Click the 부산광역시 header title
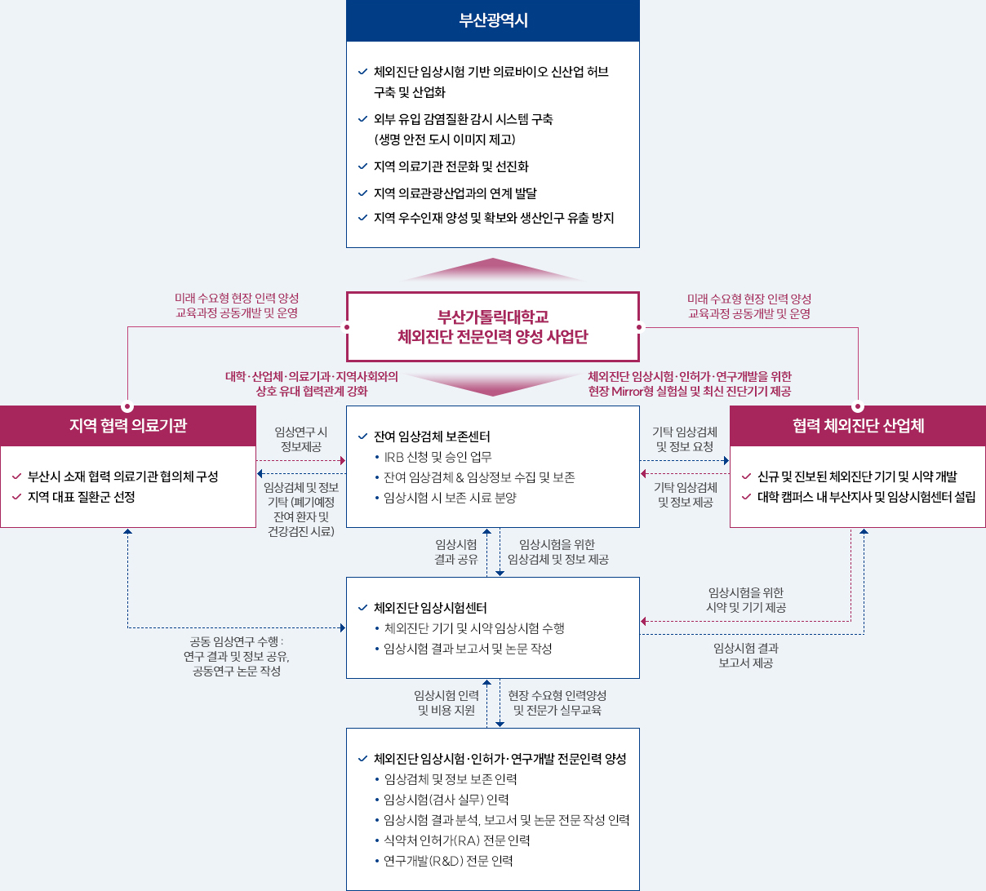(x=493, y=20)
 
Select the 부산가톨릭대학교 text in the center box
(x=493, y=317)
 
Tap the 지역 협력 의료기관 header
(x=128, y=425)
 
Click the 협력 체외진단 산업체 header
(x=858, y=425)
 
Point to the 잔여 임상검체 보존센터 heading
(x=432, y=437)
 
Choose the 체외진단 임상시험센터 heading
(x=430, y=608)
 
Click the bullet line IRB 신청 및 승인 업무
(x=437, y=457)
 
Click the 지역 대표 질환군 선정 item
(x=81, y=497)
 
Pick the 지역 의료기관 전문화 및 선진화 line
(x=451, y=166)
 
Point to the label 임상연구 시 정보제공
(x=301, y=439)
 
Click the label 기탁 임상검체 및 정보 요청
(x=685, y=439)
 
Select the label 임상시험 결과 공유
(x=456, y=552)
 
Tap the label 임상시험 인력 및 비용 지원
(x=446, y=703)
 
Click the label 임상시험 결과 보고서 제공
(x=746, y=655)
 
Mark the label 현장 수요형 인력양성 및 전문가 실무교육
(x=557, y=703)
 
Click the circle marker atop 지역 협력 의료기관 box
(x=127, y=406)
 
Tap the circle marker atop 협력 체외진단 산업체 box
(x=858, y=406)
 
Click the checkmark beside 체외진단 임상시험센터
(x=362, y=608)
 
